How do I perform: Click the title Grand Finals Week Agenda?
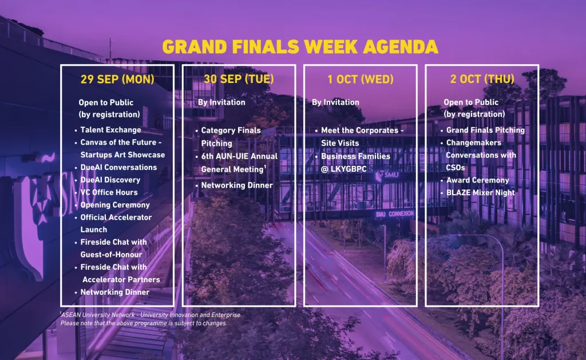[x=300, y=47]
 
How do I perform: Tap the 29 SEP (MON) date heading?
[x=117, y=79]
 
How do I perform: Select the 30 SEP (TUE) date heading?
[x=239, y=79]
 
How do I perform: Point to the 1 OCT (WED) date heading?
[x=361, y=79]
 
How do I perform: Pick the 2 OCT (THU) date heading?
[x=482, y=79]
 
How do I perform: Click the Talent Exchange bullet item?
[x=110, y=130]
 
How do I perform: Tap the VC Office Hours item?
[x=109, y=192]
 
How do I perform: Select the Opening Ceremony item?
[x=114, y=205]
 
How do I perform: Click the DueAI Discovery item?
[x=110, y=180]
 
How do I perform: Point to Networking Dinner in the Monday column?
[x=114, y=292]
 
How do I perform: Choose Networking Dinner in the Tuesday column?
[x=237, y=185]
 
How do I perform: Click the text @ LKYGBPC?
[x=343, y=169]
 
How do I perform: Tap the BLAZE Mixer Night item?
[x=480, y=192]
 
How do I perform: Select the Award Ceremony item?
[x=478, y=180]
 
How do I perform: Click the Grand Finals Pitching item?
[x=485, y=130]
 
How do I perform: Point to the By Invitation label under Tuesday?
[x=221, y=102]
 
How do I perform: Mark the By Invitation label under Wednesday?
[x=335, y=102]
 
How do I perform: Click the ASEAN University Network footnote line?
[x=151, y=315]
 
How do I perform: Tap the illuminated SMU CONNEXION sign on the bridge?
[x=395, y=214]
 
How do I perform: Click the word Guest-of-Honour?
[x=112, y=255]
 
